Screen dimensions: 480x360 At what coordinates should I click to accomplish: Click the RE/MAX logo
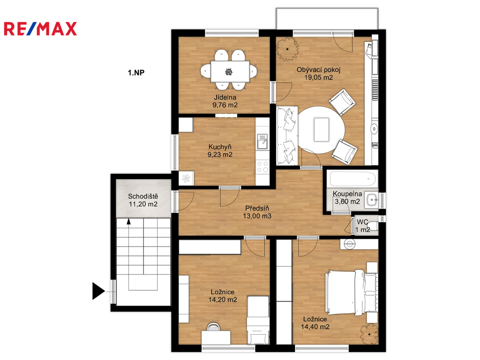40,29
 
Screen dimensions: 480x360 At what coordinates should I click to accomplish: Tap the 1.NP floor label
136,73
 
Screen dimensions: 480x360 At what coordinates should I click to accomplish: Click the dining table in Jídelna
230,71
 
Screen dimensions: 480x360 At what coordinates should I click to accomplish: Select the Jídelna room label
225,97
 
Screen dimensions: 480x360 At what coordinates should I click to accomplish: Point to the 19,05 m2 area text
318,77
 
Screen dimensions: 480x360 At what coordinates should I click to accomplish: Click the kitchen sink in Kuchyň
262,141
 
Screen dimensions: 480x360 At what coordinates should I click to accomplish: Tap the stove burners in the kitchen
262,167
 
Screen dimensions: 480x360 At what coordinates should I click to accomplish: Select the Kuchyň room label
220,147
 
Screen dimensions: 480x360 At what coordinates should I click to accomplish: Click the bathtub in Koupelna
352,178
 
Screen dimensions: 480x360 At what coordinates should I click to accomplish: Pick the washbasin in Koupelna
372,201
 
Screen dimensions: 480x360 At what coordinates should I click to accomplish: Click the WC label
362,222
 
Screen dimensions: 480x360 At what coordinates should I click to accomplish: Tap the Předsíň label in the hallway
257,209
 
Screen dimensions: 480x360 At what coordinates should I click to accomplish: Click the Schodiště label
143,196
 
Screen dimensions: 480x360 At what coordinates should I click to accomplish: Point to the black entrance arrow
98,291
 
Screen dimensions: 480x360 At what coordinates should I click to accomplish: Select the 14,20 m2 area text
223,300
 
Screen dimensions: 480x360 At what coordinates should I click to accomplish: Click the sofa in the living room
287,135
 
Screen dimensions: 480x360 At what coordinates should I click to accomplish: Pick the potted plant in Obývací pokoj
287,49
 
